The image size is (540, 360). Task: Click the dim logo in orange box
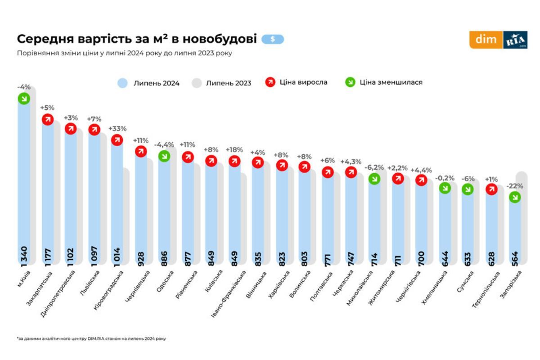tap(486, 40)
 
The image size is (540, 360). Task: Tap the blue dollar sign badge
tap(273, 39)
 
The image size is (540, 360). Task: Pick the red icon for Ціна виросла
tap(270, 82)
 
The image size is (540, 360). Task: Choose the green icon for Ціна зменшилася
tap(351, 82)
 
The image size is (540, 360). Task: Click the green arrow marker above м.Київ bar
tap(24, 99)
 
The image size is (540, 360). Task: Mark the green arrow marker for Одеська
tap(164, 156)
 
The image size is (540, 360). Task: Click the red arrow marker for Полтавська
tap(328, 172)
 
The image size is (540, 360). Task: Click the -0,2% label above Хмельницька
tap(445, 178)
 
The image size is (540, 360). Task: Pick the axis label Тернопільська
tap(486, 288)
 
